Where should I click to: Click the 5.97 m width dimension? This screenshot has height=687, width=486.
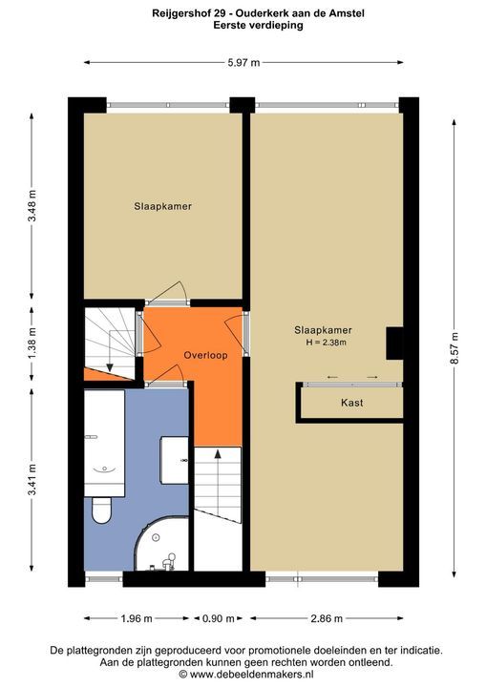(x=243, y=62)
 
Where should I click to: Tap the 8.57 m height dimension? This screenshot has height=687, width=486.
(x=454, y=343)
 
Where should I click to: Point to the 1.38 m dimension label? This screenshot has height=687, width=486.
(x=32, y=343)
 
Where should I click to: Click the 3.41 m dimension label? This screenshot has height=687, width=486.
(x=32, y=478)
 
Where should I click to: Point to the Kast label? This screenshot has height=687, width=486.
(x=352, y=403)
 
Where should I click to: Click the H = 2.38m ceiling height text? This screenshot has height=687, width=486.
(x=325, y=343)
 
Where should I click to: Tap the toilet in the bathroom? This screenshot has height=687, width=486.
(x=102, y=510)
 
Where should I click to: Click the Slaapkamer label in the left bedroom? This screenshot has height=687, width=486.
(x=155, y=205)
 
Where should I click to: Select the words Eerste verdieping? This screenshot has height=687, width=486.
(x=258, y=26)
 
